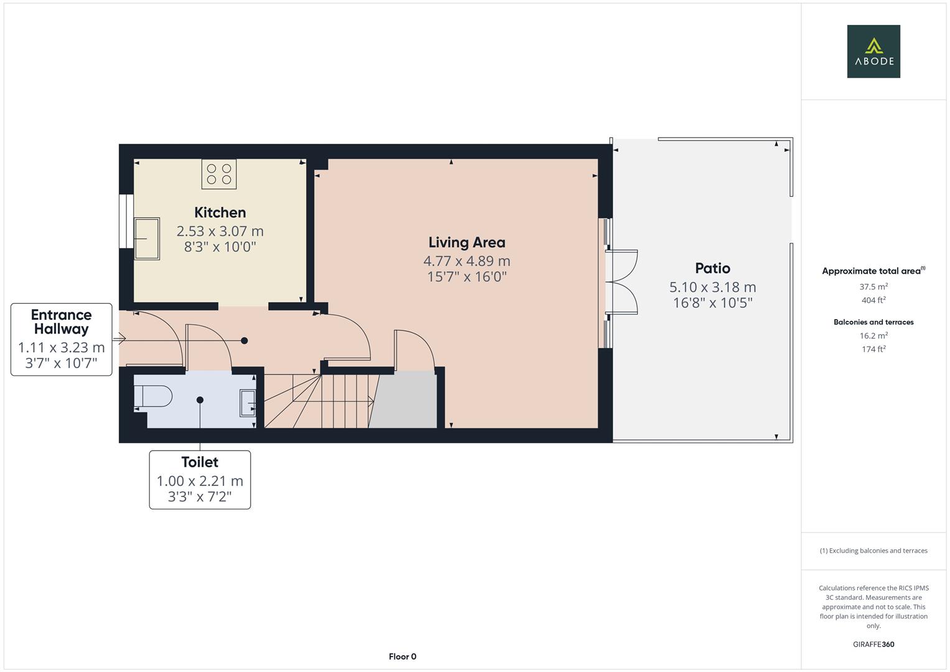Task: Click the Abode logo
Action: pyautogui.click(x=873, y=51)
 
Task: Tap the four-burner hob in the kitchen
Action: pyautogui.click(x=219, y=174)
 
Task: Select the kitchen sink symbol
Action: pyautogui.click(x=147, y=238)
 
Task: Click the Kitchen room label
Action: pyautogui.click(x=220, y=212)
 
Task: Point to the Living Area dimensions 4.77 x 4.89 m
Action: pyautogui.click(x=467, y=261)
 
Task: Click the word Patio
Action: pyautogui.click(x=712, y=268)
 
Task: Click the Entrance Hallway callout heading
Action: pyautogui.click(x=61, y=322)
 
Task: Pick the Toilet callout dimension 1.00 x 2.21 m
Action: pyautogui.click(x=200, y=481)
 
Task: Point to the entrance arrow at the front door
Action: pyautogui.click(x=119, y=339)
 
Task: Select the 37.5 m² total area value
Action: pyautogui.click(x=873, y=287)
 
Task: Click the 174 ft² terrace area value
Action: pyautogui.click(x=873, y=349)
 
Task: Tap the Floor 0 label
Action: pyautogui.click(x=403, y=656)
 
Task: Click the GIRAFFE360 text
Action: pyautogui.click(x=873, y=644)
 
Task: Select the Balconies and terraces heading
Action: pyautogui.click(x=873, y=322)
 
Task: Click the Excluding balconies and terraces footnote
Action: pyautogui.click(x=873, y=551)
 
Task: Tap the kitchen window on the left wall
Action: pyautogui.click(x=126, y=221)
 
